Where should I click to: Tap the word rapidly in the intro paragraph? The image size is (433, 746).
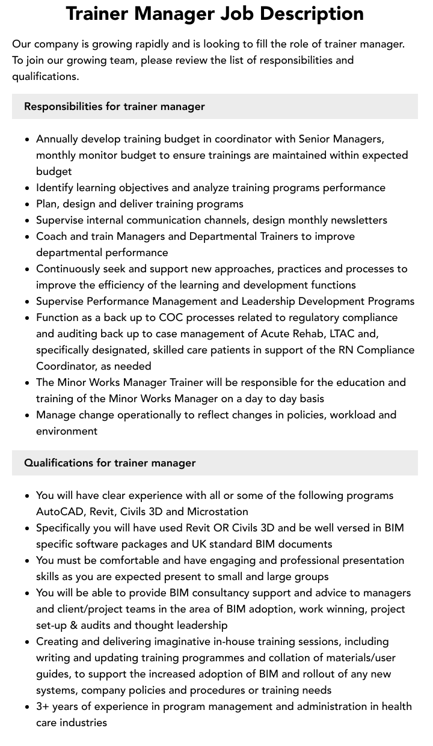(161, 44)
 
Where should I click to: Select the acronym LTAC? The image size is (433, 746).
(342, 334)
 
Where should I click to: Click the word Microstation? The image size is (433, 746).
(217, 512)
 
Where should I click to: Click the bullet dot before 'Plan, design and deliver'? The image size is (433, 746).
(27, 204)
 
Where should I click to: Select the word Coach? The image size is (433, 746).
(52, 236)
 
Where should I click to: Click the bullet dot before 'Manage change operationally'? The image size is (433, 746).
(27, 415)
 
